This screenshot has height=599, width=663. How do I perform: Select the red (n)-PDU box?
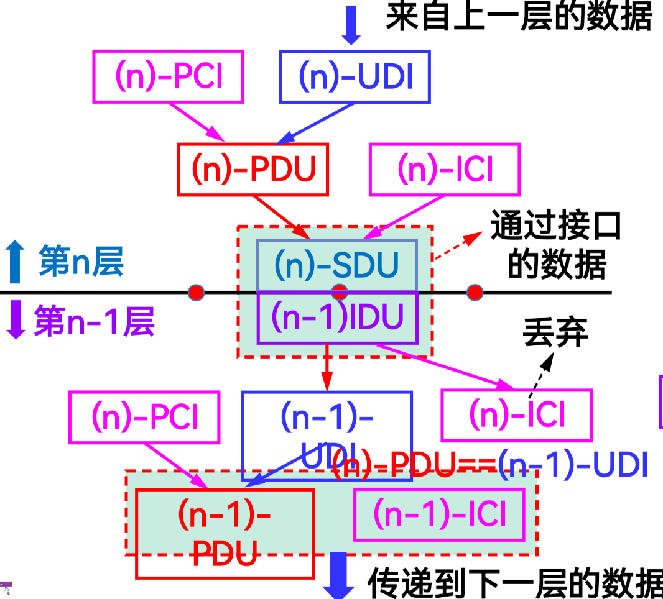coord(253,170)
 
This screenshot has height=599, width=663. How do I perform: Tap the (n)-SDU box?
coord(336,266)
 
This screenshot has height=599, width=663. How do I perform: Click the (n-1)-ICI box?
coord(439,514)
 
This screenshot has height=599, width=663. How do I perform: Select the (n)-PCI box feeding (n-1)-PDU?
coord(144,417)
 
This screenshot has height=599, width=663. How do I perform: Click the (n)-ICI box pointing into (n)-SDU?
coord(445,170)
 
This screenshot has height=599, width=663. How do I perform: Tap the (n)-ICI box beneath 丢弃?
coord(516,415)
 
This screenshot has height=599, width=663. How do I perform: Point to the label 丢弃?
coord(555,333)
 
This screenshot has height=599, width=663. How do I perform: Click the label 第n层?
coord(81,261)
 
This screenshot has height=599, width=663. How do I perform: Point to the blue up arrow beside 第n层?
coord(15,262)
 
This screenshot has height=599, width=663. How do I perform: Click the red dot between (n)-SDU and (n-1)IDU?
coord(339,291)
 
